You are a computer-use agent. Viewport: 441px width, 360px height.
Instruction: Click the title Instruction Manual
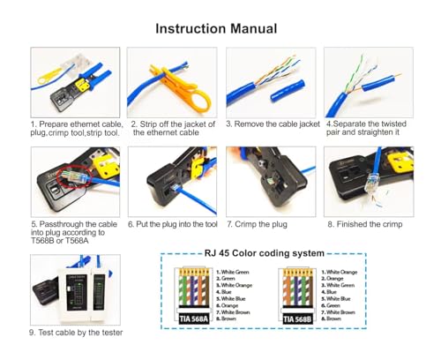click(x=216, y=29)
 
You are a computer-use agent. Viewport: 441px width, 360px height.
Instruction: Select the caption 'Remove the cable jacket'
click(x=273, y=124)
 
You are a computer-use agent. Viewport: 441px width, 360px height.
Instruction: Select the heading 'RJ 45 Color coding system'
click(x=246, y=253)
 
